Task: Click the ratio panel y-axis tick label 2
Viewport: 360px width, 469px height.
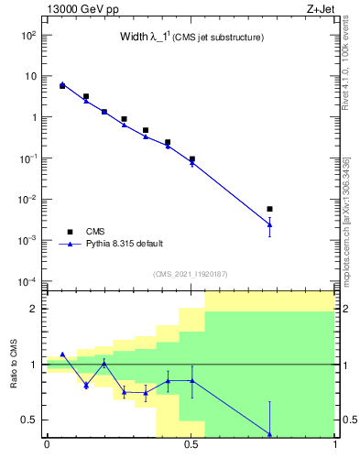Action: pos(34,309)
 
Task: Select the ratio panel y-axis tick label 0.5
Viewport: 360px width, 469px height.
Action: pos(29,420)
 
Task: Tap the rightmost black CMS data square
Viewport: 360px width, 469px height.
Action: pos(269,209)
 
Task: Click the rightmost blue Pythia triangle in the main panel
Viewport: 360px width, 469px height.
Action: pos(269,224)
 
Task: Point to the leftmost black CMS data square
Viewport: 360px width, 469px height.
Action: pos(62,85)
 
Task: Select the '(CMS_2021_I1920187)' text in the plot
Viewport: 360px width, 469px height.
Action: pos(190,274)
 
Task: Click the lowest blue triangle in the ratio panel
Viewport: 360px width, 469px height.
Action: pos(269,434)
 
